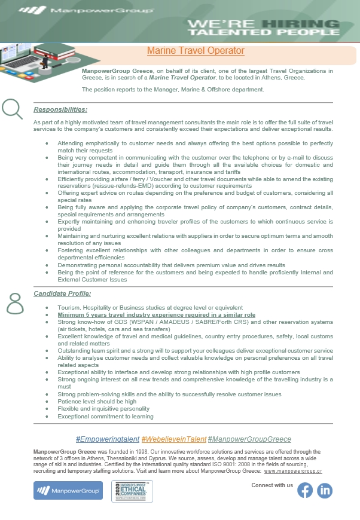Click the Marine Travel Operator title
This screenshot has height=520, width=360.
click(196, 51)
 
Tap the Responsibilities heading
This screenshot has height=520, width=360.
click(60, 109)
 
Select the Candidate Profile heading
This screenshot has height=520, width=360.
click(62, 293)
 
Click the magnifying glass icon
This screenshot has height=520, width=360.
click(12, 108)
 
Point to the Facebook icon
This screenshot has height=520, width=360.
click(305, 490)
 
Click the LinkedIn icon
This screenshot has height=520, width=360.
click(325, 490)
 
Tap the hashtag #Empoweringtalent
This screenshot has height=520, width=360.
click(108, 439)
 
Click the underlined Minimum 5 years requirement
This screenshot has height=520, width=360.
click(156, 314)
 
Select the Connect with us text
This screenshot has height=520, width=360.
click(272, 485)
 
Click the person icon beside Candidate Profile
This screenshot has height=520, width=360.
click(14, 304)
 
